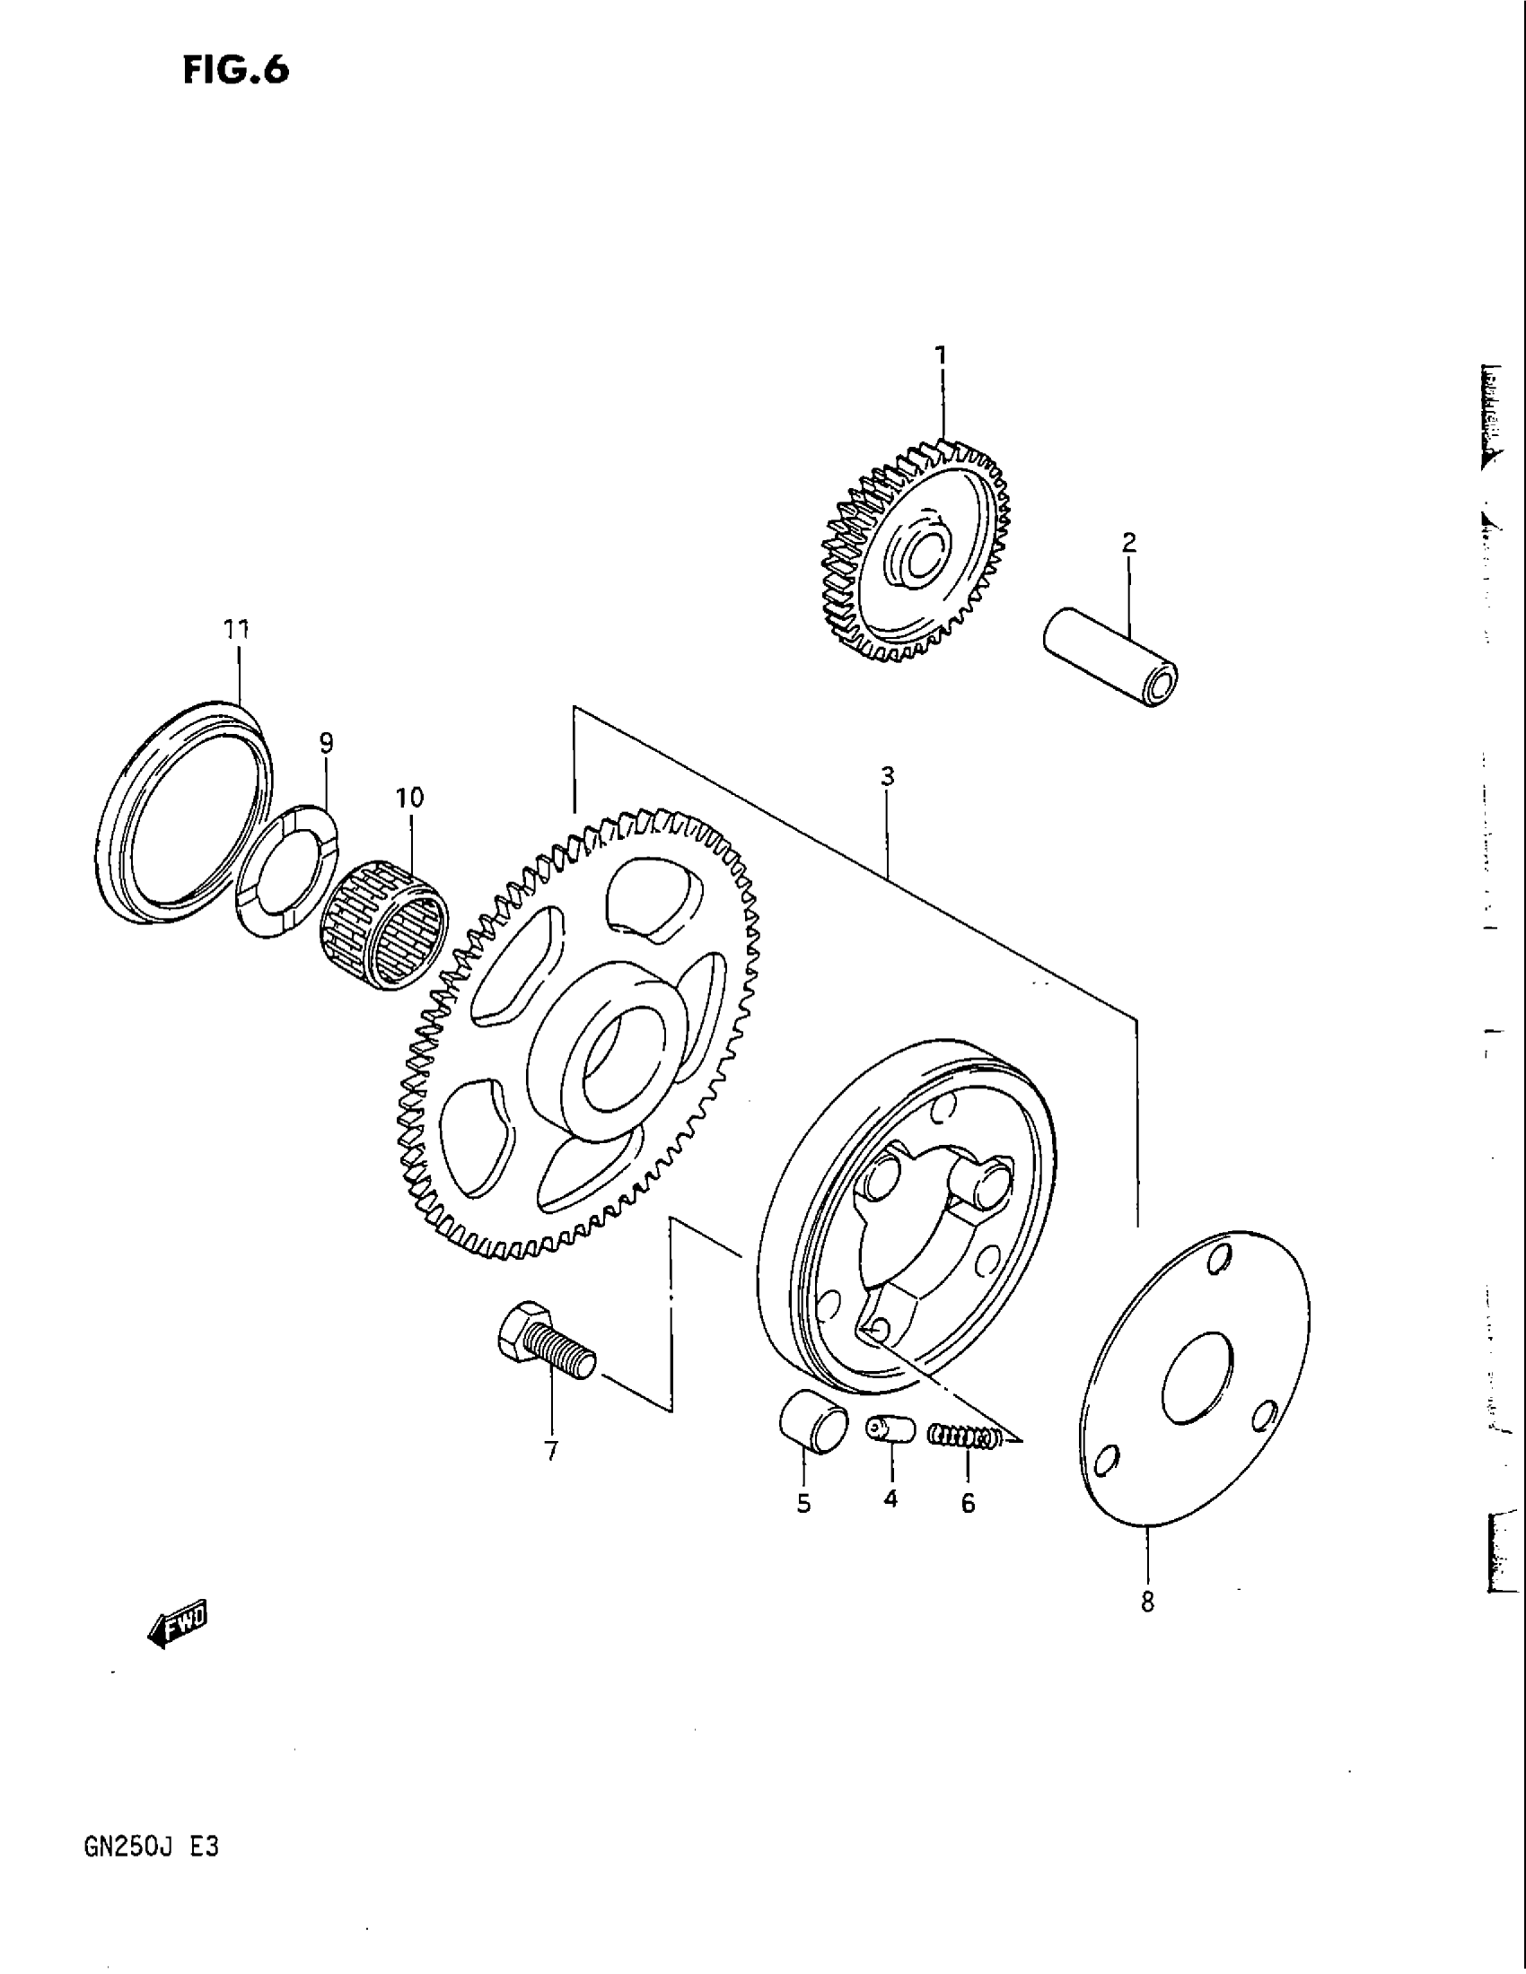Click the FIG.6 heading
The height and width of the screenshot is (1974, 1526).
tap(236, 70)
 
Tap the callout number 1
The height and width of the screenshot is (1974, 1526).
tap(941, 355)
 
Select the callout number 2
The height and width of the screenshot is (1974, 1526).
tap(1128, 542)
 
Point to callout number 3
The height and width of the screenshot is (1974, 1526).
tap(887, 775)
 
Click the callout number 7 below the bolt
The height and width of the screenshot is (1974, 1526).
tap(550, 1452)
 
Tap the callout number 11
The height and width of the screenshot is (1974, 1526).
tap(236, 629)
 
